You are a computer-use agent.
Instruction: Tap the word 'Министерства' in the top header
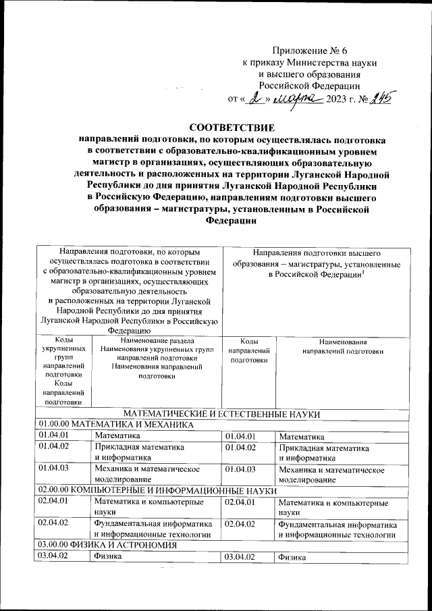(317, 62)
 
